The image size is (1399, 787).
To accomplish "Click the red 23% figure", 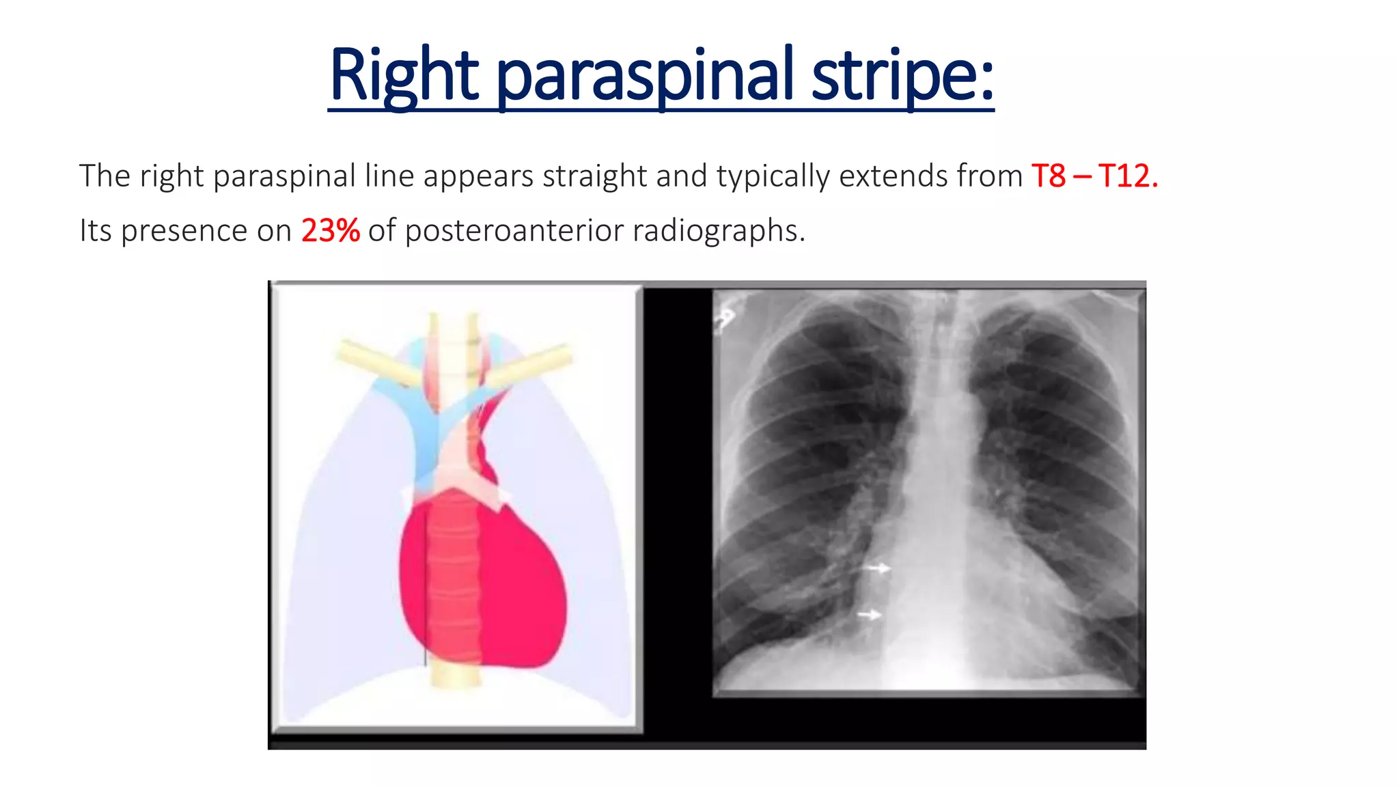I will pyautogui.click(x=330, y=231).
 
